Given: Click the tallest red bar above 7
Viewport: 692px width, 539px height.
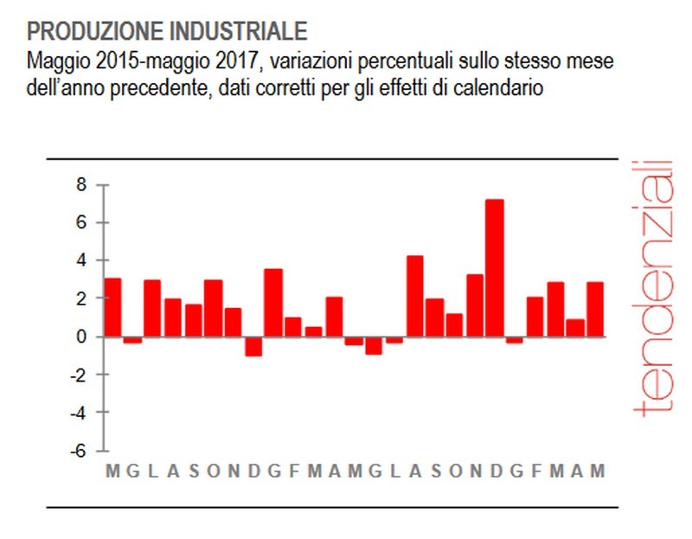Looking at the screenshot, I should (x=494, y=268).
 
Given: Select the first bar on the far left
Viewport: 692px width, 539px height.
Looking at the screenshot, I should (x=112, y=307).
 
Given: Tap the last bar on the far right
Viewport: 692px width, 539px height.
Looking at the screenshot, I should (x=595, y=309).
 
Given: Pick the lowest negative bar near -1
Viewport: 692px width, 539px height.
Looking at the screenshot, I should (x=253, y=346).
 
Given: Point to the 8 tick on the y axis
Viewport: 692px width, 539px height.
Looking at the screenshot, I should (x=83, y=185).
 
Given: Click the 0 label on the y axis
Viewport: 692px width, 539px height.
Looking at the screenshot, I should (x=83, y=337).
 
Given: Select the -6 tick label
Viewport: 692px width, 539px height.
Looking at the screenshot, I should (x=80, y=451).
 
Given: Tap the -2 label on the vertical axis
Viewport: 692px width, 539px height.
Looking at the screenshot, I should (x=80, y=375).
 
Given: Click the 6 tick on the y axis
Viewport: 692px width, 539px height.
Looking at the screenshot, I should (x=83, y=223).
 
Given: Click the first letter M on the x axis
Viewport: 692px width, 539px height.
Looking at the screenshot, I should (x=112, y=472).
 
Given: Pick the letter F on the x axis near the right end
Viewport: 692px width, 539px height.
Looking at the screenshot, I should (x=536, y=472).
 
